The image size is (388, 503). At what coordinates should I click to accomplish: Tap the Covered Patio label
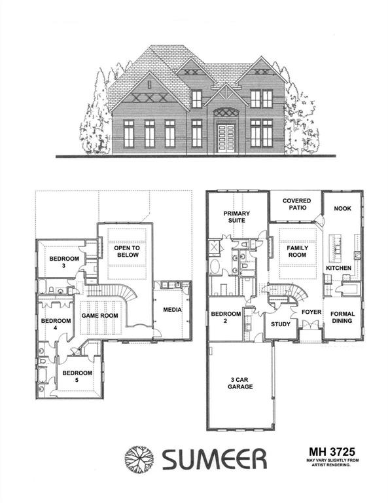pos(296,204)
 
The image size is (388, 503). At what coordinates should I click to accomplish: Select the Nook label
pos(343,208)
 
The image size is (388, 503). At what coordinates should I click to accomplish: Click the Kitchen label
pos(339,269)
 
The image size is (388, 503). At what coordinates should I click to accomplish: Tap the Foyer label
pos(311,312)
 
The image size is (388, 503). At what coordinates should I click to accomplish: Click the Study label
pos(280,324)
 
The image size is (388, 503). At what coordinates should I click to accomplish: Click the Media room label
pos(172,310)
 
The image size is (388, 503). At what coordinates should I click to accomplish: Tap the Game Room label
pos(99,316)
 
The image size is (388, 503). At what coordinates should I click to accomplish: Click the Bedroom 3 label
pos(64,263)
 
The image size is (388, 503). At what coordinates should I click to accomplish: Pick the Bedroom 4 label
pos(56,324)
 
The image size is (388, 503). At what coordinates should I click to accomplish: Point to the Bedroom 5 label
pos(77,377)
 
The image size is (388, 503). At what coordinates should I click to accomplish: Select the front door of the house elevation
pos(226,136)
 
